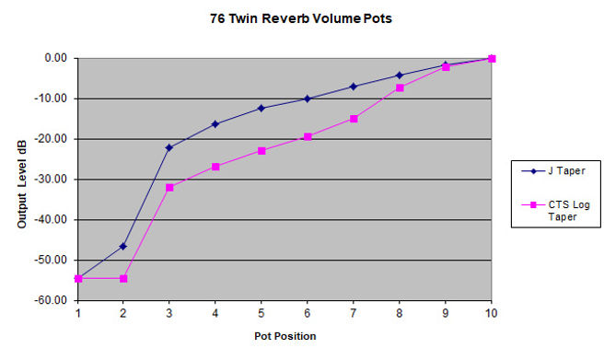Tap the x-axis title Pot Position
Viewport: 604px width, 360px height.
pyautogui.click(x=285, y=336)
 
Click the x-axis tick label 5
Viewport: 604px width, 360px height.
pyautogui.click(x=261, y=313)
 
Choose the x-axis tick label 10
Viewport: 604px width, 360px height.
pyautogui.click(x=491, y=313)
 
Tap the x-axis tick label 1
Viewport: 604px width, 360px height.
pyautogui.click(x=78, y=313)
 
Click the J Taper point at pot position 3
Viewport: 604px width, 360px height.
pyautogui.click(x=169, y=147)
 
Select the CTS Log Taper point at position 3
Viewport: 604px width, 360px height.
pyautogui.click(x=169, y=188)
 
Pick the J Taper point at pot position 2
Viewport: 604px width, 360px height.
pyautogui.click(x=123, y=247)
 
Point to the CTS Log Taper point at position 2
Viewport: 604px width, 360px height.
pyautogui.click(x=123, y=278)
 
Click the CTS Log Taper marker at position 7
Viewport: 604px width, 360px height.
pyautogui.click(x=354, y=119)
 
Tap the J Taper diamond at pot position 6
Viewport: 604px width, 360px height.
pyautogui.click(x=308, y=99)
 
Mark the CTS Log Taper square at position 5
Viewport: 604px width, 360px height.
pyautogui.click(x=261, y=150)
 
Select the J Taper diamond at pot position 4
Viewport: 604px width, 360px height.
pyautogui.click(x=215, y=123)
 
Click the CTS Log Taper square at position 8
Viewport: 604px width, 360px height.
pyautogui.click(x=400, y=87)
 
